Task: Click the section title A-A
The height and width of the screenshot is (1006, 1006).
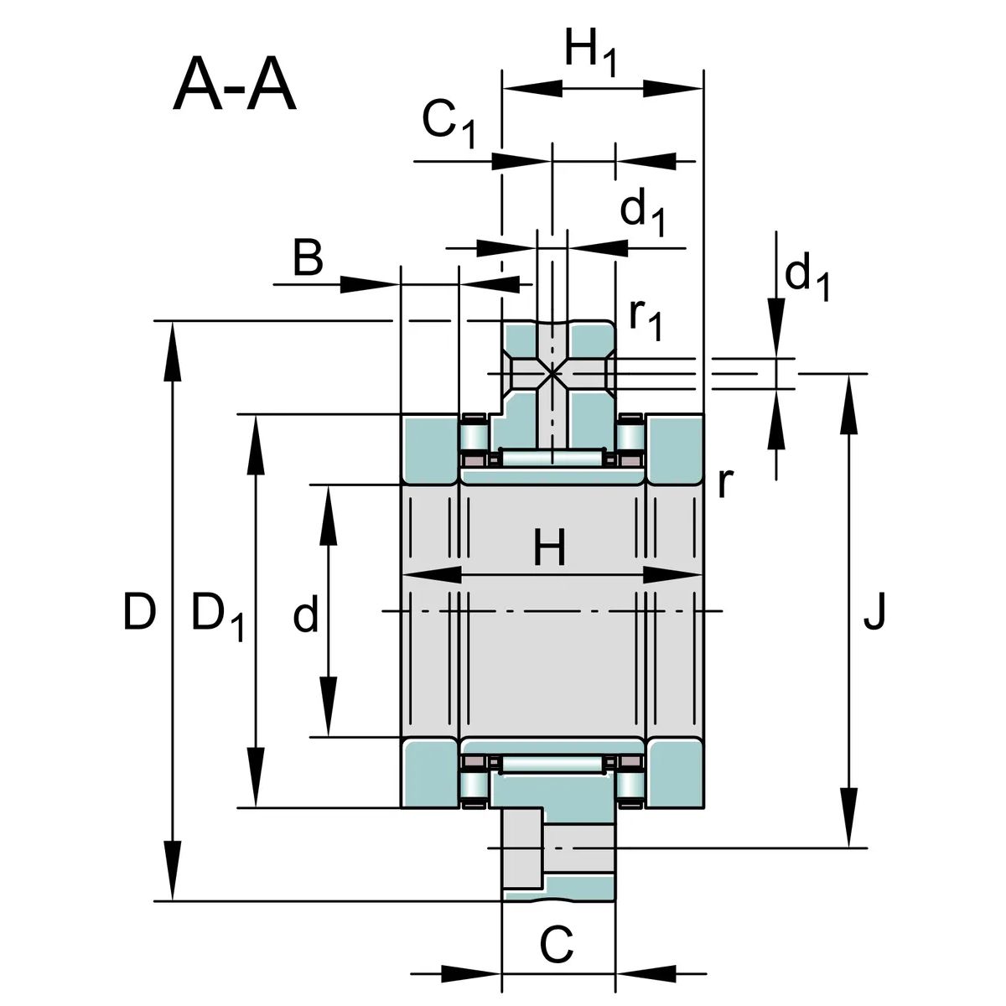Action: tap(235, 84)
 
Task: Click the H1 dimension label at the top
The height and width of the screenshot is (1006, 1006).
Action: tap(590, 53)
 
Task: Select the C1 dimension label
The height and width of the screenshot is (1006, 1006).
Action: tap(449, 123)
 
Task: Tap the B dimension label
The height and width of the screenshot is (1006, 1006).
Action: tap(308, 258)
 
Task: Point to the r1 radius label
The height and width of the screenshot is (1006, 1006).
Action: tap(646, 319)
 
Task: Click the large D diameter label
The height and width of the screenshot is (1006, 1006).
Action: tap(139, 611)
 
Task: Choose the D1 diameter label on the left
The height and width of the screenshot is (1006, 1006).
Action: tap(218, 616)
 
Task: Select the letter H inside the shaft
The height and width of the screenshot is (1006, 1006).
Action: tap(550, 547)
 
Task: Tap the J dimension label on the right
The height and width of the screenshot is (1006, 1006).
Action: tap(874, 612)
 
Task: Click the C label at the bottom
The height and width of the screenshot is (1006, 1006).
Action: tap(557, 946)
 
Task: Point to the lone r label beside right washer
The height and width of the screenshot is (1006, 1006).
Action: tap(726, 484)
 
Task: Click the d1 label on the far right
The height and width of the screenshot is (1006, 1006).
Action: tap(807, 277)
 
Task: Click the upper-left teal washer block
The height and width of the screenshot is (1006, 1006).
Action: tap(429, 449)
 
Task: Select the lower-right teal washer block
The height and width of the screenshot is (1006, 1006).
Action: tap(675, 773)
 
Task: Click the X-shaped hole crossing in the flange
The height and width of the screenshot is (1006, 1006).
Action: tap(552, 373)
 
